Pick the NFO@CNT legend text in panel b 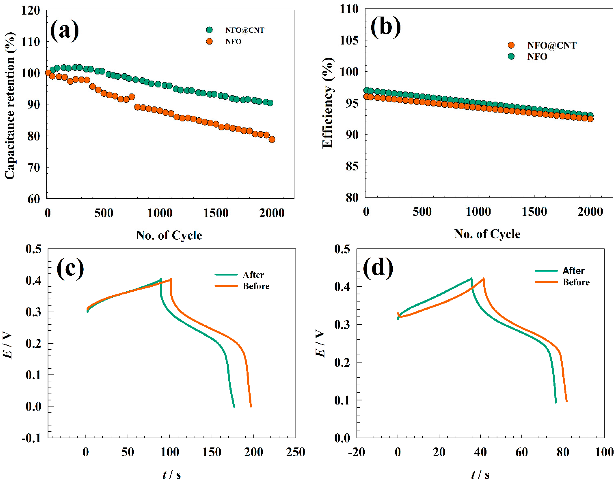coord(551,45)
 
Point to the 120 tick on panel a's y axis coord(31,10)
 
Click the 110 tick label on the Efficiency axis coord(349,9)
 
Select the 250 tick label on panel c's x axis coord(295,452)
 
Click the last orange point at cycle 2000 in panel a coord(272,139)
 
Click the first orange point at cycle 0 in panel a coord(48,73)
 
